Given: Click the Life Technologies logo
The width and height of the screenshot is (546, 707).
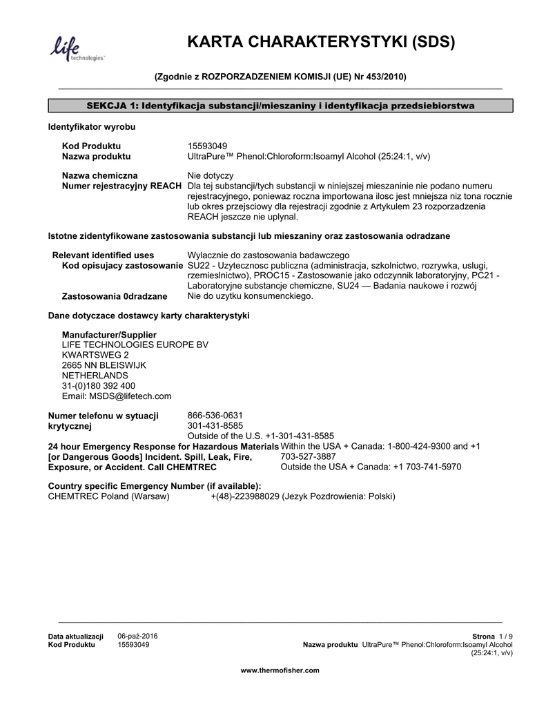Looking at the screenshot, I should click(76, 50).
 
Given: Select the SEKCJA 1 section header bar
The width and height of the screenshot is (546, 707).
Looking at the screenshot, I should click(280, 106).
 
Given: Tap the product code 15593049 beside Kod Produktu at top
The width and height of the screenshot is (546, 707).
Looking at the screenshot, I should click(207, 146).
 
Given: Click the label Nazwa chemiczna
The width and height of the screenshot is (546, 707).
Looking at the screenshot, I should click(99, 176).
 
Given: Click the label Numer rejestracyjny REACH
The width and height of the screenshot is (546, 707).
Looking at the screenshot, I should click(122, 186).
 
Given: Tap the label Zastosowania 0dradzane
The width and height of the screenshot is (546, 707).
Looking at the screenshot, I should click(115, 297).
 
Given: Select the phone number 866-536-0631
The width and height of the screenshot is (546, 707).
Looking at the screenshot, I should click(215, 415).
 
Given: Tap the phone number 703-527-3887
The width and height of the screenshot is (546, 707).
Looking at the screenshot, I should click(308, 456).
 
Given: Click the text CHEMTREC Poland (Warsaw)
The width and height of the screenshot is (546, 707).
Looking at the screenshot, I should click(108, 497).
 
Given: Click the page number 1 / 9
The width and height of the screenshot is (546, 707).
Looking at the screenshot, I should click(505, 636).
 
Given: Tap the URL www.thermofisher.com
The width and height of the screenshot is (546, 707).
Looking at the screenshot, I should click(280, 670).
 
